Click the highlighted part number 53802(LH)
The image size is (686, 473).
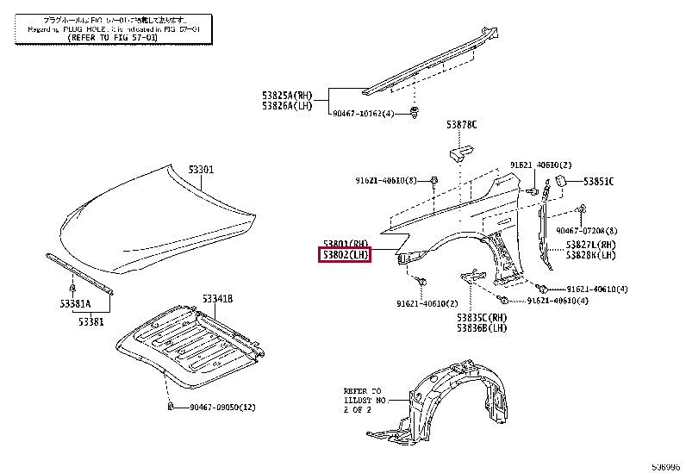(x=346, y=255)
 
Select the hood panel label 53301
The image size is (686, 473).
(x=201, y=170)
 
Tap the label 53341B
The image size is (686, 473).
(x=218, y=299)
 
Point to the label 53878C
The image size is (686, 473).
(x=461, y=125)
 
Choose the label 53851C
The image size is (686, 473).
(x=598, y=181)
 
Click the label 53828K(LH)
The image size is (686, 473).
(x=591, y=256)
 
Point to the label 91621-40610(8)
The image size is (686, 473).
(x=385, y=180)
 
